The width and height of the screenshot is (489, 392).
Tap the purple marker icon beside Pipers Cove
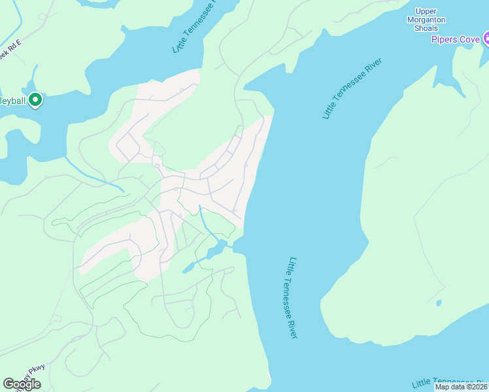click(486, 40)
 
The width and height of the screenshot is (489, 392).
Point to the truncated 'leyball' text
click(12, 101)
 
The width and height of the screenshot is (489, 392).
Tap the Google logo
click(22, 384)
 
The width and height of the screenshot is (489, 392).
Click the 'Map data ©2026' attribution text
click(462, 387)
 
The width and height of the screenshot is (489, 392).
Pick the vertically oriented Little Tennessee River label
click(292, 297)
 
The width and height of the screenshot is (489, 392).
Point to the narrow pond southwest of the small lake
click(188, 268)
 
